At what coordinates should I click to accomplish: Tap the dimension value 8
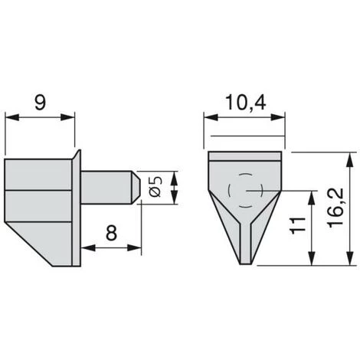pos(112,233)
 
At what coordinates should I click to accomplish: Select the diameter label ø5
pos(156,187)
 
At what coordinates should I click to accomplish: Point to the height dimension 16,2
pos(336,208)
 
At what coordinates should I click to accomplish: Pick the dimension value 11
pos(298,226)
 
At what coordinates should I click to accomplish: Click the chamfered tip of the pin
pos(136,188)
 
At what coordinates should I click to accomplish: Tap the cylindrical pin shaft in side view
pos(106,188)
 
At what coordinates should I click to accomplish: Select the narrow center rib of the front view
pos(245,243)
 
